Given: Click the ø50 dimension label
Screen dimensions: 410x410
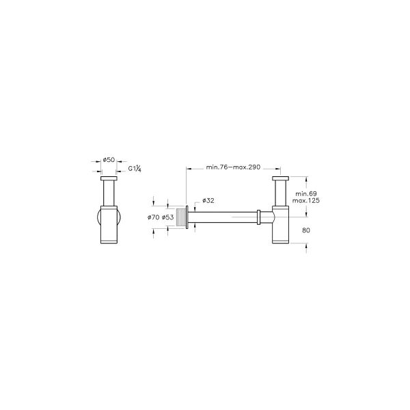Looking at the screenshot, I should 108,160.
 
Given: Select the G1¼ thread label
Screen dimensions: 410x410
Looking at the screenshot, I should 134,168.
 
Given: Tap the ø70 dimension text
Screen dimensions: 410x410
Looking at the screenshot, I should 154,217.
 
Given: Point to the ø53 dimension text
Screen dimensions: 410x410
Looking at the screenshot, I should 168,217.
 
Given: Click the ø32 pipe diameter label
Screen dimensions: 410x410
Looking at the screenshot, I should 208,201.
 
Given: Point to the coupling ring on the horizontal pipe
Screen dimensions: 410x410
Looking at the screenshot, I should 258,217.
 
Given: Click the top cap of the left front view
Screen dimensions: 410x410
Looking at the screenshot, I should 108,180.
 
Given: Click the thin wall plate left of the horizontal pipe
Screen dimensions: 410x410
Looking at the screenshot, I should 188,217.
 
